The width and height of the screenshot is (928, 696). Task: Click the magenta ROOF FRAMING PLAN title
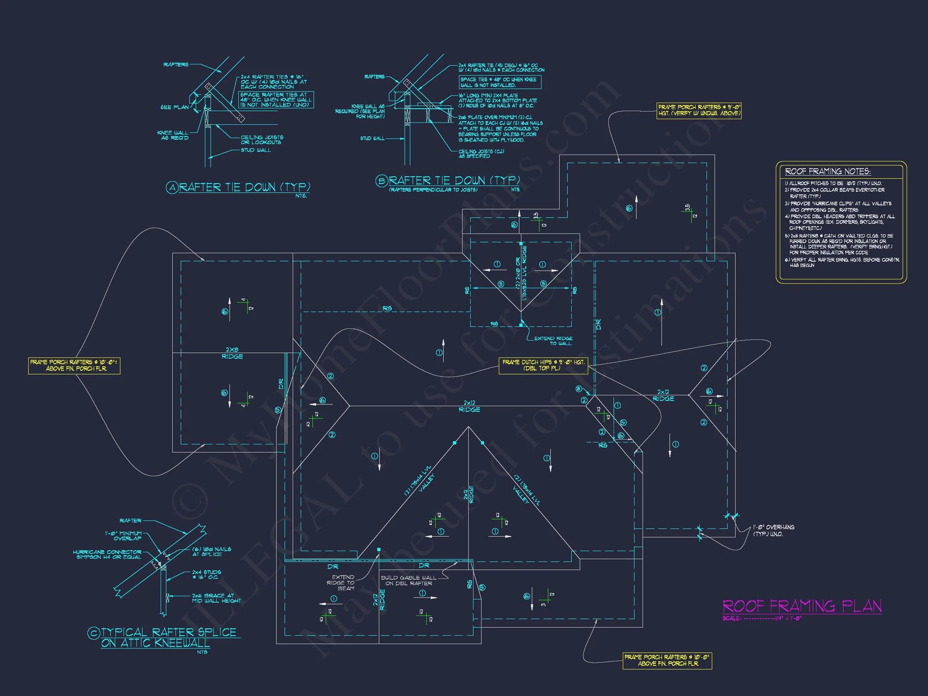click(x=802, y=606)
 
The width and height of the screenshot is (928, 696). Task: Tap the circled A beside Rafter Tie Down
click(x=172, y=188)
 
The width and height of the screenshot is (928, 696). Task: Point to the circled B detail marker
click(x=381, y=181)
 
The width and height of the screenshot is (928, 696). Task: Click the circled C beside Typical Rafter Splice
click(x=93, y=633)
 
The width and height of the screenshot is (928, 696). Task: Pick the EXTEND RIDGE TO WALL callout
click(x=553, y=341)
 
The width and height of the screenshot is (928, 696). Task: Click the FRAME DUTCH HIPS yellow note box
click(x=543, y=365)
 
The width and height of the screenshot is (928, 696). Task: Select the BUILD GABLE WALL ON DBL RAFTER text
click(x=408, y=580)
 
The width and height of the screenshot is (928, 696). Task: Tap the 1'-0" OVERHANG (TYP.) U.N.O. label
click(x=773, y=530)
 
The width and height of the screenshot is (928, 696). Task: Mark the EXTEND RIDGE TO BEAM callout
click(x=343, y=583)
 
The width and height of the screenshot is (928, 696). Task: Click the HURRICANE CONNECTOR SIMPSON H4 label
click(x=107, y=555)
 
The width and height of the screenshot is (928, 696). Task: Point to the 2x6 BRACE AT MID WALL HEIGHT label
click(x=216, y=598)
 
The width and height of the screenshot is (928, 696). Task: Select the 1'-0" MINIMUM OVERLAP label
click(x=123, y=536)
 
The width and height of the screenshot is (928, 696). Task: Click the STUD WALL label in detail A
click(x=256, y=150)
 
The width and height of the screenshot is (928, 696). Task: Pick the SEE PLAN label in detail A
click(x=174, y=107)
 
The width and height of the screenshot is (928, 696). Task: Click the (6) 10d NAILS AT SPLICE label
click(x=211, y=551)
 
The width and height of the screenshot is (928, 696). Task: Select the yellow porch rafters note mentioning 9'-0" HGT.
click(x=699, y=110)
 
